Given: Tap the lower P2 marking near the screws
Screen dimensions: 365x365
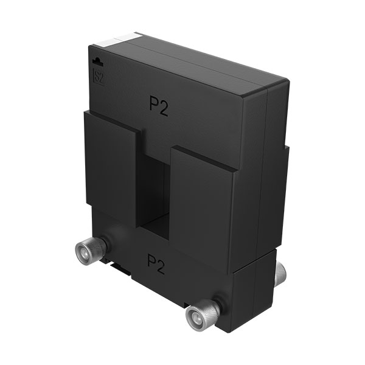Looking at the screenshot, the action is [156, 264].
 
